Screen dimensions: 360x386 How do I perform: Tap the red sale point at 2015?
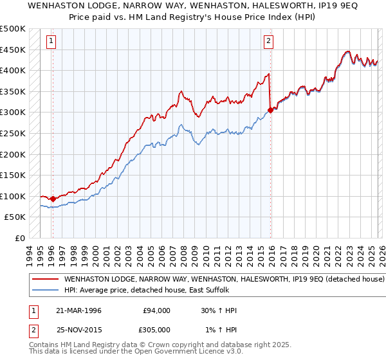click(270, 110)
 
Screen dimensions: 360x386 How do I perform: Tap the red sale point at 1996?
click(53, 199)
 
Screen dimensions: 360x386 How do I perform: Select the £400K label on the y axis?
click(14, 70)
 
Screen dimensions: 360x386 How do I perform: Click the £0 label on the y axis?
click(19, 238)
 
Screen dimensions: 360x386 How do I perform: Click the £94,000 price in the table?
click(157, 310)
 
